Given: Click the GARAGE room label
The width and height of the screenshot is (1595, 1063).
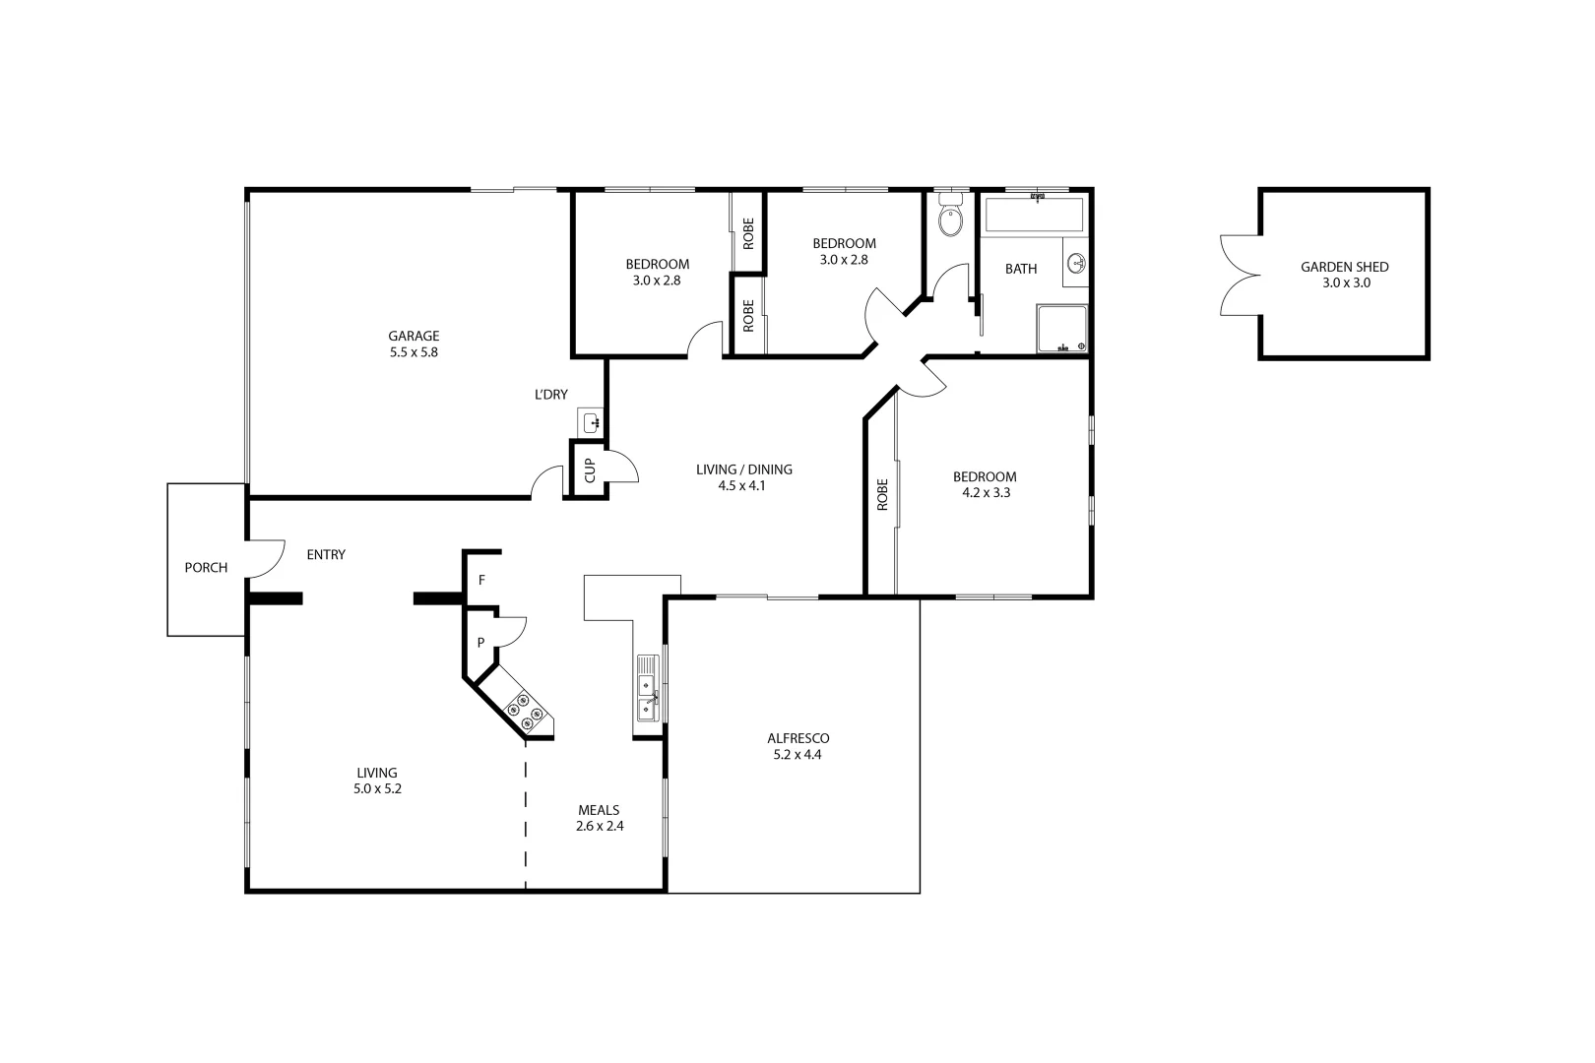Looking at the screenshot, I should tap(414, 336).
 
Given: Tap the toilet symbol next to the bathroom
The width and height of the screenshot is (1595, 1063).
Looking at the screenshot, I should tap(950, 219).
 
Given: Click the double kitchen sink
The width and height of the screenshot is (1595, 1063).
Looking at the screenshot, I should tap(647, 688).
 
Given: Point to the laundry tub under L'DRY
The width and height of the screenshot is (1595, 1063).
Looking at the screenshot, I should tap(592, 423).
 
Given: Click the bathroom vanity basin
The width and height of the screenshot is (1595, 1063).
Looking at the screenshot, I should tap(1077, 264).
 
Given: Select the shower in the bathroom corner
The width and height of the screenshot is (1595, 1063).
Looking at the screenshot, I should tap(1061, 329).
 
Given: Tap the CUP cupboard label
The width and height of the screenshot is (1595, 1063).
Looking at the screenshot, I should tap(590, 470).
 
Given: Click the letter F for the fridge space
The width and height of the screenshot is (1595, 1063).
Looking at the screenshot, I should tap(481, 580).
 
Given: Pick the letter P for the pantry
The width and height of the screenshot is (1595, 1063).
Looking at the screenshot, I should tap(480, 643).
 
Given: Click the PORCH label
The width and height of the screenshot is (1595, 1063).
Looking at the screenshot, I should tap(206, 568).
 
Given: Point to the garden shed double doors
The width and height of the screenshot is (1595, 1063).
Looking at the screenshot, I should tap(1241, 276).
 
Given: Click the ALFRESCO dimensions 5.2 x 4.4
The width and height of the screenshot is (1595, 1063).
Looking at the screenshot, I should tap(797, 755).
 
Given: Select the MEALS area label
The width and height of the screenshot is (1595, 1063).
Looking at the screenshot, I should tap(599, 810).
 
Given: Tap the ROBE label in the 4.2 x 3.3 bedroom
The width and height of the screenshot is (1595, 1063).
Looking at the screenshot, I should tap(882, 494).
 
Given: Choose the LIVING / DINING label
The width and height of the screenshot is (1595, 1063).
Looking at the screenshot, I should tap(743, 469).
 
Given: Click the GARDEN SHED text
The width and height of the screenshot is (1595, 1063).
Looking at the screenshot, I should tap(1344, 267).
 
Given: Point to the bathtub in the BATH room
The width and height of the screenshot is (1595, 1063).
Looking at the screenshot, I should tap(1033, 216).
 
